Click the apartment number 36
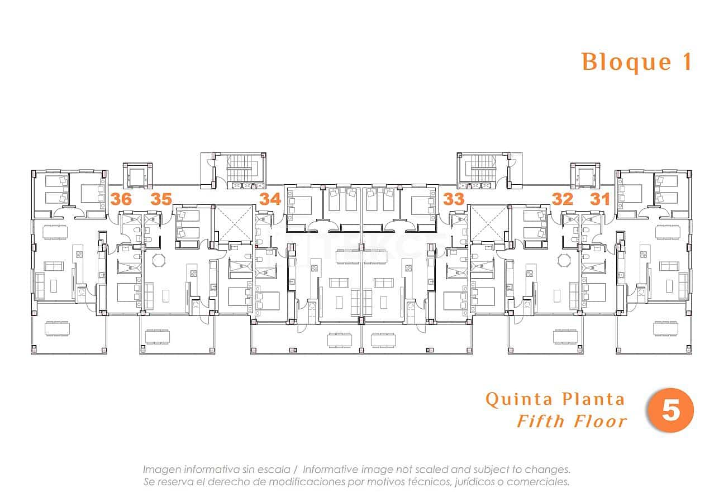click(x=121, y=199)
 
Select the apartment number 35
click(x=161, y=199)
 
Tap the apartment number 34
click(x=270, y=199)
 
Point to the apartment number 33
click(x=454, y=199)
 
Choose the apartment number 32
click(x=562, y=199)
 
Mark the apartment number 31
click(x=600, y=199)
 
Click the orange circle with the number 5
click(x=670, y=411)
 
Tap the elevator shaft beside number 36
click(x=137, y=176)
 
